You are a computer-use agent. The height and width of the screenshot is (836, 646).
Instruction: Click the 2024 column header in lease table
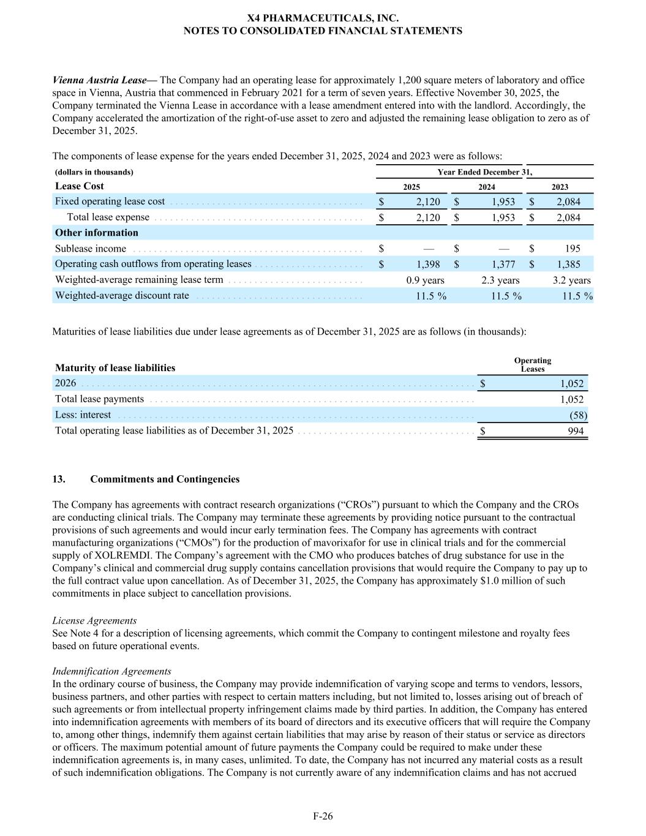486,187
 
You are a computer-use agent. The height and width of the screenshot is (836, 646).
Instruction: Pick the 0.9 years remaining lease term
425,280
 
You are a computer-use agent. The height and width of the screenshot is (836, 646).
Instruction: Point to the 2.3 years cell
500,280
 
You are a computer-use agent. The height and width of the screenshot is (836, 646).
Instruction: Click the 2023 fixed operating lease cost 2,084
568,201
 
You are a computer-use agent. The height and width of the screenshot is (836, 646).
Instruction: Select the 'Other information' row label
97,233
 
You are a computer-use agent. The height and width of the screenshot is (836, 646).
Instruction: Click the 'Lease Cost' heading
80,186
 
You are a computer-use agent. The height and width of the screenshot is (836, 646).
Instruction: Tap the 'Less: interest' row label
83,415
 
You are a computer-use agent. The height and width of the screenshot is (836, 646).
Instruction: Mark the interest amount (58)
578,415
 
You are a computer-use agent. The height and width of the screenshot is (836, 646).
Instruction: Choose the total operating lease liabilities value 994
576,431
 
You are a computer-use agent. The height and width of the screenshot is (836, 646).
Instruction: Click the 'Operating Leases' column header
532,365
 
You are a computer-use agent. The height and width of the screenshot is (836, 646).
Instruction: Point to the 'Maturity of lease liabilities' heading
115,367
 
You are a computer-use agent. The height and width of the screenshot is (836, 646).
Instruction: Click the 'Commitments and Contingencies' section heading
165,479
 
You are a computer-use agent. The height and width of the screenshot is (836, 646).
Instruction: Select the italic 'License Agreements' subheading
94,620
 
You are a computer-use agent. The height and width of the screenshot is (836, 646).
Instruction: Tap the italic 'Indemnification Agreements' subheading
111,671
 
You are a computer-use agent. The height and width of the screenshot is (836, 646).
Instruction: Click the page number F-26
323,816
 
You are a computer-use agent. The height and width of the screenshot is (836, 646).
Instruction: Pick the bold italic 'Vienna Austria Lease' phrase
100,80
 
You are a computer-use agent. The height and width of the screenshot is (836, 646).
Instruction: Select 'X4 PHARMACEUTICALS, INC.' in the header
323,18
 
